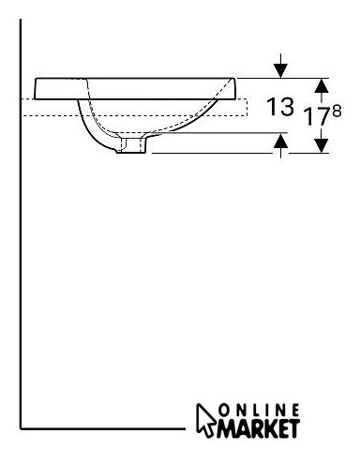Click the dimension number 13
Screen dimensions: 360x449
pos(280,106)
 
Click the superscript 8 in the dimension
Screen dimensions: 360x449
pos(337,112)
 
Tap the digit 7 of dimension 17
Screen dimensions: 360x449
pos(324,116)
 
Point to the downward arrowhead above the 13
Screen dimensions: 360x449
pos(280,70)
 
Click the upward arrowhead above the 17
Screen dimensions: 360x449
pos(322,85)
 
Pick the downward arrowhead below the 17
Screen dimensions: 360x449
pos(322,145)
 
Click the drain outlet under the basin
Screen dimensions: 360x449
pos(132,144)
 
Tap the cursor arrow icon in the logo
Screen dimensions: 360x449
pos(205,419)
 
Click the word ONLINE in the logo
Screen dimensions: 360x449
pos(259,411)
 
